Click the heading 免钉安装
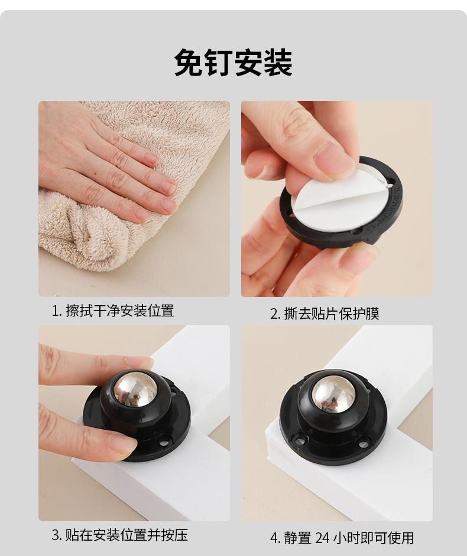(x=234, y=63)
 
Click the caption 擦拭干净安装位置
(x=119, y=311)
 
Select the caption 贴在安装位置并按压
(x=126, y=535)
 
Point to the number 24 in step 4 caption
(x=322, y=538)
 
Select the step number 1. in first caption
(x=57, y=311)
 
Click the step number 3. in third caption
(x=57, y=535)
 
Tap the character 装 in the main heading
(x=278, y=63)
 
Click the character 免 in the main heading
(x=189, y=63)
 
